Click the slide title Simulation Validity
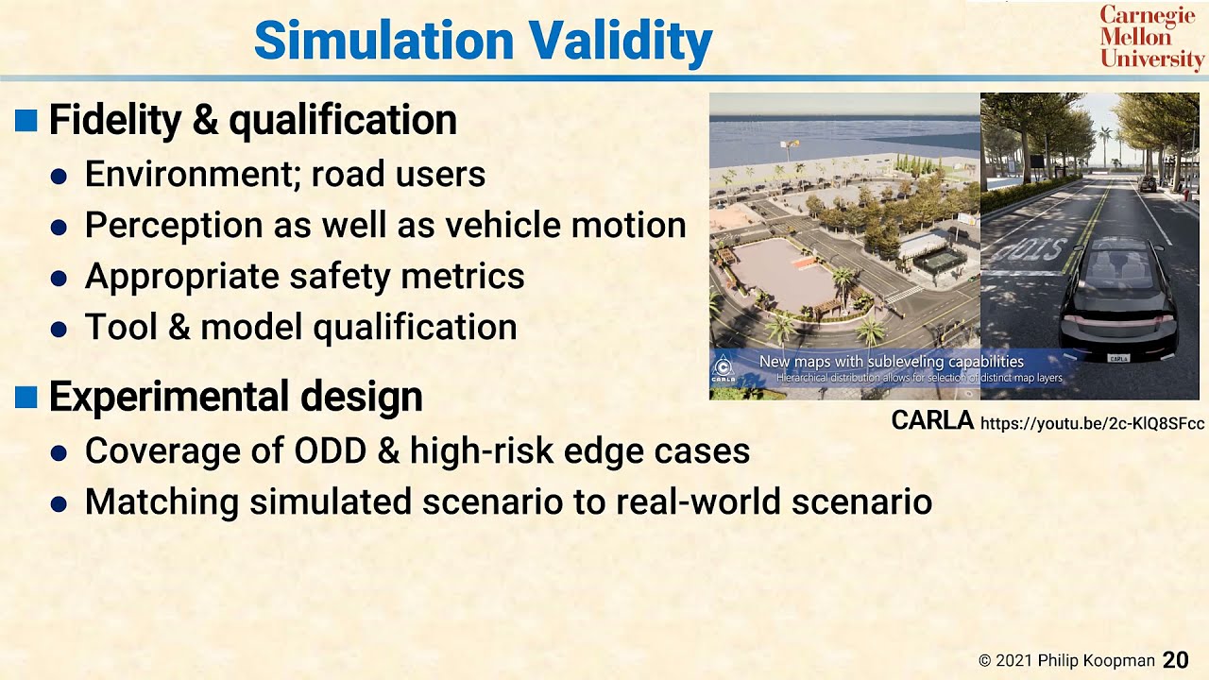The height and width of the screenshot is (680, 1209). (x=483, y=41)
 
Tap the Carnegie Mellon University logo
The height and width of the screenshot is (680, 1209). (x=1151, y=38)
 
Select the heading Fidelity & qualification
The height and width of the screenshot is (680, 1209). (x=252, y=120)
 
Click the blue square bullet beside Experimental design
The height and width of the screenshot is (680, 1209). (x=26, y=397)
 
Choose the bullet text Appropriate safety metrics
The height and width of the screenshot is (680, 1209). (x=304, y=276)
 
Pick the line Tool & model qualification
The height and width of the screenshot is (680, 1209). (x=300, y=327)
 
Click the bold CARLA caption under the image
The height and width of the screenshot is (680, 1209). (x=931, y=420)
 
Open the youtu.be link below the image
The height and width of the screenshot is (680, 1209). (x=1092, y=423)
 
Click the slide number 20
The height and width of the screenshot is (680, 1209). (x=1175, y=659)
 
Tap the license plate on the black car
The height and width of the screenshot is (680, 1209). (x=1118, y=358)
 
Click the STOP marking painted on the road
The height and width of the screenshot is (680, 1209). (x=1026, y=249)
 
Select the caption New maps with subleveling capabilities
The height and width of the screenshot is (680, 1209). (x=891, y=361)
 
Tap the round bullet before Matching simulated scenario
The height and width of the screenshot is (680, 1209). (x=59, y=503)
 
